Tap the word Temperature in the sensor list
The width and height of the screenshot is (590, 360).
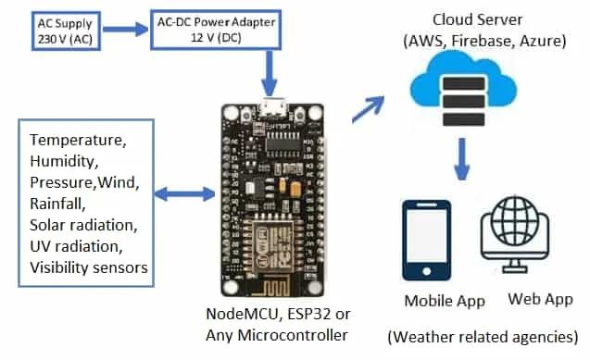pos(76,142)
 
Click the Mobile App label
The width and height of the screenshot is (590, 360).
pos(445,301)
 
